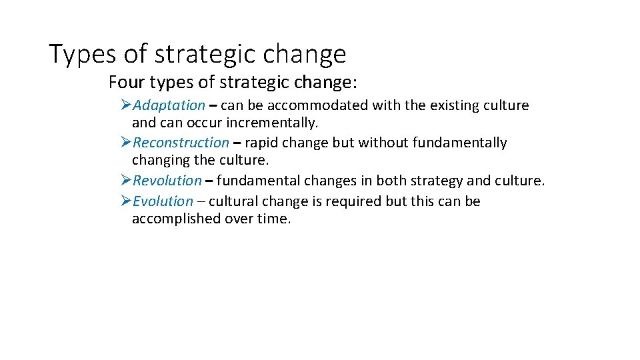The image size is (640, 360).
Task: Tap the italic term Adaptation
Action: pyautogui.click(x=169, y=105)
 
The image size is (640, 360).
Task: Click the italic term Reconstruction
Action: pyautogui.click(x=181, y=143)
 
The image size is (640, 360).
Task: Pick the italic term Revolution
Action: pyautogui.click(x=167, y=181)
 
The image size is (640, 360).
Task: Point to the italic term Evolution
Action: pyautogui.click(x=163, y=201)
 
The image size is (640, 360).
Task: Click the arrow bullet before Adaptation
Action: pyautogui.click(x=126, y=105)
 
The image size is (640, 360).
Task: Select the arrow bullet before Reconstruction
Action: pyautogui.click(x=126, y=143)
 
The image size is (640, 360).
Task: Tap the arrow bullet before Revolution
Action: pyautogui.click(x=126, y=181)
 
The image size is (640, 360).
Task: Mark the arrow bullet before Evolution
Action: pyautogui.click(x=126, y=201)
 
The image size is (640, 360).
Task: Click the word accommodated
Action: pyautogui.click(x=329, y=105)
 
